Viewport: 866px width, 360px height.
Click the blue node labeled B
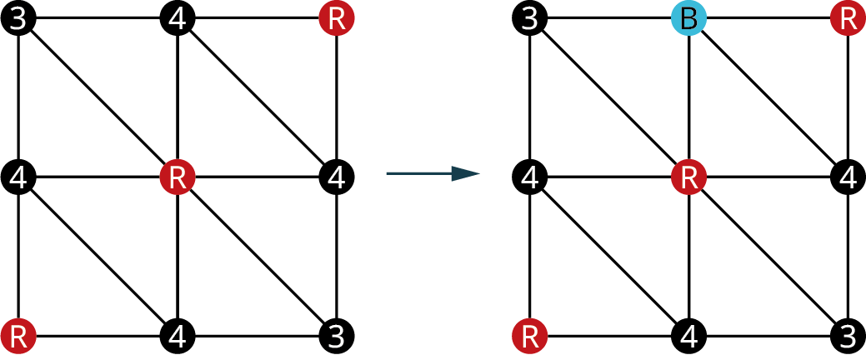pyautogui.click(x=688, y=18)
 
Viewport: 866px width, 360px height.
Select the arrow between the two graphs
pyautogui.click(x=433, y=173)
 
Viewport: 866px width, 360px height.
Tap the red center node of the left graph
pyautogui.click(x=177, y=177)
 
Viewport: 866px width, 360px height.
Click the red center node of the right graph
pyautogui.click(x=688, y=177)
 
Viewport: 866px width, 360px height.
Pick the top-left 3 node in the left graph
pyautogui.click(x=18, y=18)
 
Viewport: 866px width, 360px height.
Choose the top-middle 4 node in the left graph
pyautogui.click(x=177, y=18)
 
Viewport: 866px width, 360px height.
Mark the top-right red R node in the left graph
pyautogui.click(x=337, y=18)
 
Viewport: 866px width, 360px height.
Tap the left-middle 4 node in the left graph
pyautogui.click(x=18, y=177)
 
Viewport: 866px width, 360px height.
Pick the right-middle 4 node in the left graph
pyautogui.click(x=337, y=177)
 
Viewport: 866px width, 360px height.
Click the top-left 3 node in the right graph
pyautogui.click(x=529, y=18)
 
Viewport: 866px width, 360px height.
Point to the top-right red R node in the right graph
pyautogui.click(x=848, y=18)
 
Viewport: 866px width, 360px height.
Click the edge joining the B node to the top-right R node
pyautogui.click(x=768, y=18)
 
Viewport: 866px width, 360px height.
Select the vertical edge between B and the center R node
pyautogui.click(x=688, y=97)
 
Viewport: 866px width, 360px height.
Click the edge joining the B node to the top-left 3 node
pyautogui.click(x=609, y=18)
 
